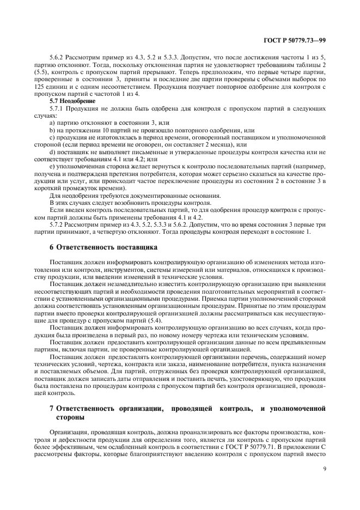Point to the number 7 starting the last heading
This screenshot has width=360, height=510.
(x=51, y=407)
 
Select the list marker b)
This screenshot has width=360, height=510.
(x=52, y=131)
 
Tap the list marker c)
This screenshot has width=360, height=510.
(x=52, y=138)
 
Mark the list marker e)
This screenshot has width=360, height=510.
(x=52, y=165)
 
